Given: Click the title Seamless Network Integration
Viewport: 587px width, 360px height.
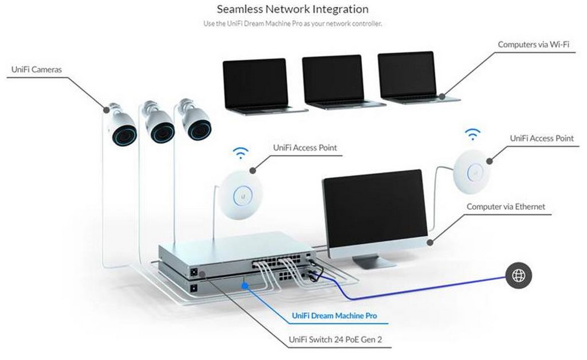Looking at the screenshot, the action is tap(293, 9).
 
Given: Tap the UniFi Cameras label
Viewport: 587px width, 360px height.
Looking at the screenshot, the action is tap(36, 69).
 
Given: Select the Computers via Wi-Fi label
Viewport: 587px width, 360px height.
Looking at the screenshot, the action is tap(533, 44).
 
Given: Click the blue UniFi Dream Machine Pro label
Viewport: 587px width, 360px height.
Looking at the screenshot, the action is tap(334, 315).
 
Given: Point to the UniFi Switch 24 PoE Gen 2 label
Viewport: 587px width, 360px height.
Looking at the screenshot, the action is tap(335, 339).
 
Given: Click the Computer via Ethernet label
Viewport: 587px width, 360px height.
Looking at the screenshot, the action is tap(506, 206).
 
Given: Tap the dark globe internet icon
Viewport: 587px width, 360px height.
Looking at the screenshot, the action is tap(518, 275).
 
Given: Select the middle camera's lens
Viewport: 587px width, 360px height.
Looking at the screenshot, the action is tap(163, 132).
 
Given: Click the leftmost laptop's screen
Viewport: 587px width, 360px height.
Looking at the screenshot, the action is tap(255, 83).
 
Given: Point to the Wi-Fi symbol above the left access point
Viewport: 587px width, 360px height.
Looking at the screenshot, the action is tap(240, 152).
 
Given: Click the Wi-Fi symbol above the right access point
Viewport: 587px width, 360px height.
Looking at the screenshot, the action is tap(472, 134).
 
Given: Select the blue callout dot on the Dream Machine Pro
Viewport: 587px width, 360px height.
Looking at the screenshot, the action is tap(245, 285).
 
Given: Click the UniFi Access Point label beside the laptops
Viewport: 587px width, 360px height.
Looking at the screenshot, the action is tap(305, 147).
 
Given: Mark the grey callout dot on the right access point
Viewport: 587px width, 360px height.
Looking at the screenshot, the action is tap(490, 161).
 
